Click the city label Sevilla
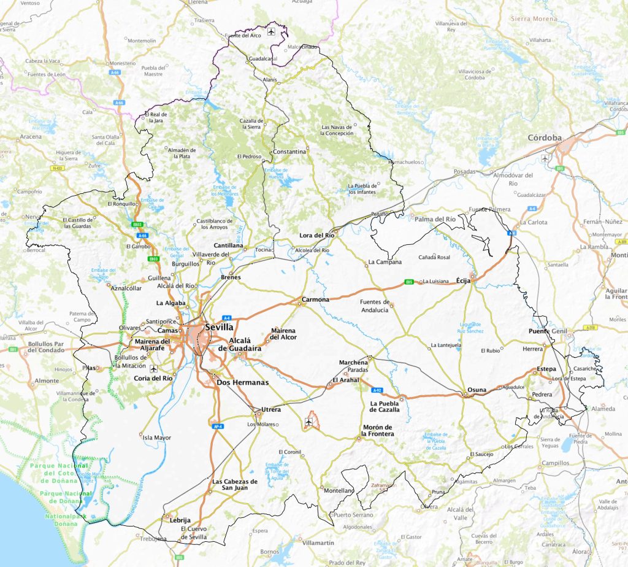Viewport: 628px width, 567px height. point(220,327)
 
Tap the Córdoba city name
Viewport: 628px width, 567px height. point(545,138)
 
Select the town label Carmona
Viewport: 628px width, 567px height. point(315,300)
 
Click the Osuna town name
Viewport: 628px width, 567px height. point(477,390)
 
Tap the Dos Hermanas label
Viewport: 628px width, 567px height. point(243,383)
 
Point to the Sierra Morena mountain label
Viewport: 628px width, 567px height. point(534,19)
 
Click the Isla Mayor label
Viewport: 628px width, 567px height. point(157,438)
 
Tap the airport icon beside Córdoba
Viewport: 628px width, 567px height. point(545,158)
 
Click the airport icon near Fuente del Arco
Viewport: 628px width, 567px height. point(271,31)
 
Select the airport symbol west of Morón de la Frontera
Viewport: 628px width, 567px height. point(307,422)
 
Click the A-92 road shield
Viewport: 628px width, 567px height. point(378,390)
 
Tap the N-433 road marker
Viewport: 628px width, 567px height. point(58,168)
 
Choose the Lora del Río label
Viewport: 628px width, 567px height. point(316,235)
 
